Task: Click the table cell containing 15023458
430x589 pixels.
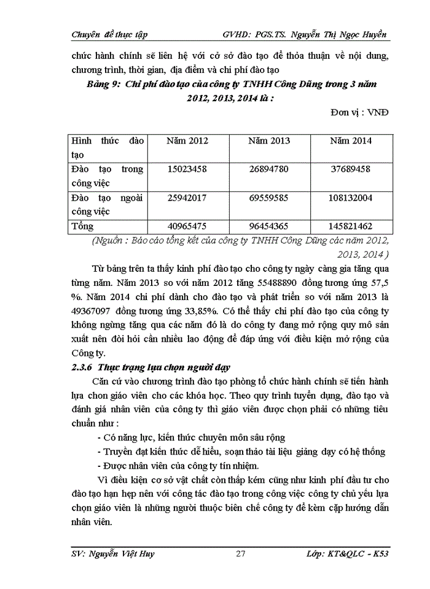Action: (187, 169)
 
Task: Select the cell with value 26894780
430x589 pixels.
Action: (268, 169)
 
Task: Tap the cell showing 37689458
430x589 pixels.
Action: (350, 169)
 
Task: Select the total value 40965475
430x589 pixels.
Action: (187, 226)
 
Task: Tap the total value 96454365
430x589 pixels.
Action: (268, 226)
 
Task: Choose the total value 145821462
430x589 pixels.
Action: (350, 226)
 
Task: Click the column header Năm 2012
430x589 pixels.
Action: (187, 141)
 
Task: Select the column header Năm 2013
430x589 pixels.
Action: (268, 141)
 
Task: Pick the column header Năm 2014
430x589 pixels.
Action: (350, 141)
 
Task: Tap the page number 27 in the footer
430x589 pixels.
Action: (241, 554)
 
